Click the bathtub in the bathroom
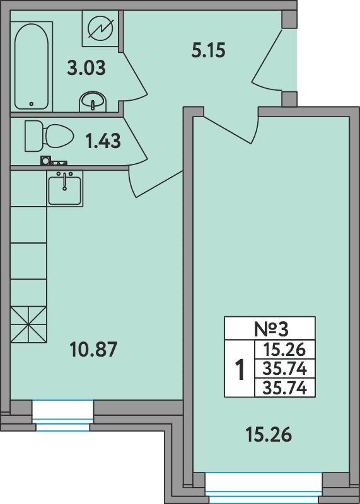(x=32, y=67)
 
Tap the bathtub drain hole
(x=31, y=104)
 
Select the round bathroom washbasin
(x=93, y=101)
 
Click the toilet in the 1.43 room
(x=49, y=136)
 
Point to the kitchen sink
(x=65, y=188)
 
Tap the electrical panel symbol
(x=100, y=28)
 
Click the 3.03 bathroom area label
(x=86, y=69)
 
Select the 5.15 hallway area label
(x=208, y=50)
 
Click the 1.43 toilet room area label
(x=103, y=141)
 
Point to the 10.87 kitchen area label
(x=93, y=350)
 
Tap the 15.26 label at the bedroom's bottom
(x=269, y=434)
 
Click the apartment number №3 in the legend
(x=271, y=329)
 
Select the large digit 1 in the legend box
(x=240, y=370)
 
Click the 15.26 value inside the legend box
(x=284, y=350)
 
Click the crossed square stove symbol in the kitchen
(x=28, y=324)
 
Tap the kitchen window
(x=63, y=415)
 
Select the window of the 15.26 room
(x=264, y=488)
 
